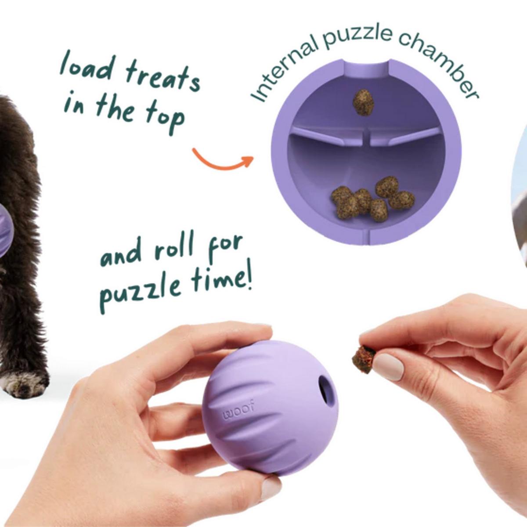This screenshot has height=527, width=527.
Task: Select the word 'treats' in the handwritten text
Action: tap(162, 76)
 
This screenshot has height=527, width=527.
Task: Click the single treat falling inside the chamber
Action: tap(363, 102)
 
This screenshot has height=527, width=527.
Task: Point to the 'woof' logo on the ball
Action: tap(238, 410)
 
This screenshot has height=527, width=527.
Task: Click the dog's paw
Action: tap(23, 382)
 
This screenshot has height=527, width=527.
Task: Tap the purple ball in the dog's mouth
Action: tap(5, 234)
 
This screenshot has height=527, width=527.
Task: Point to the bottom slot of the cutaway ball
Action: tap(367, 237)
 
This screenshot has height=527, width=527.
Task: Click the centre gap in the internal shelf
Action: tap(366, 135)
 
